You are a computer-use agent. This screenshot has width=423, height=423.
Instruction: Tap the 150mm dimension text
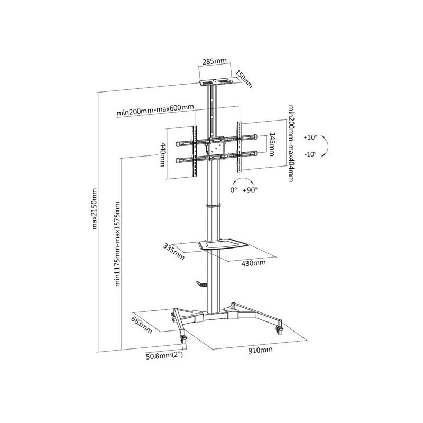(x=244, y=79)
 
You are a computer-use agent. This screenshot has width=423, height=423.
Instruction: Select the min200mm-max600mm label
(x=155, y=110)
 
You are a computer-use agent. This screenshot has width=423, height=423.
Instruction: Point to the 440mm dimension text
(x=163, y=154)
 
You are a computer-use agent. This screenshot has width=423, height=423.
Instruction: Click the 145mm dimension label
(x=272, y=144)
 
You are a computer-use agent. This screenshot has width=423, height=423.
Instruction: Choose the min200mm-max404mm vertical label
(x=291, y=143)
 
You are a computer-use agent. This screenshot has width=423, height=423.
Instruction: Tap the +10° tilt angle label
(x=309, y=137)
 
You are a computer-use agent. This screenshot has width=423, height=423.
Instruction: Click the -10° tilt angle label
(x=310, y=154)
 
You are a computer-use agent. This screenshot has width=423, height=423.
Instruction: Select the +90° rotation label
(x=250, y=190)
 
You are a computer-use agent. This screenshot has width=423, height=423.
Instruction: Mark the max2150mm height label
(x=94, y=209)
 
